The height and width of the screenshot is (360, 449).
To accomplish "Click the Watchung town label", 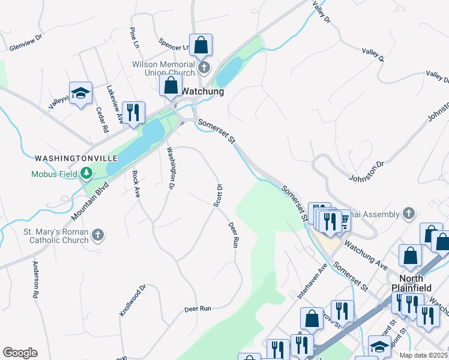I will click(x=202, y=92).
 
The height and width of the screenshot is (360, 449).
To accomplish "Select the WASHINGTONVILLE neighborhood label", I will click(x=76, y=158).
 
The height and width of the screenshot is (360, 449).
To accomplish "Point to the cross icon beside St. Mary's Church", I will click(x=98, y=235).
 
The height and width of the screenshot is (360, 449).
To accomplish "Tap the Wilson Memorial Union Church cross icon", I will click(x=204, y=67).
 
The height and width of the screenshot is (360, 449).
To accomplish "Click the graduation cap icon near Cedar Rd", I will click(x=80, y=94).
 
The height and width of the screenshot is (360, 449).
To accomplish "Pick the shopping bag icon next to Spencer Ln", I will click(x=202, y=44).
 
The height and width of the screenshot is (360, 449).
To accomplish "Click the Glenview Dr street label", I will click(x=25, y=46).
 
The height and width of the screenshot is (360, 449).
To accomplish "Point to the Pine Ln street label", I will click(x=134, y=38).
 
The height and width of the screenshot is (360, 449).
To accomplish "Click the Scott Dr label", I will click(x=218, y=196).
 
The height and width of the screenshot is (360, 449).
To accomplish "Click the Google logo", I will click(x=20, y=353).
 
